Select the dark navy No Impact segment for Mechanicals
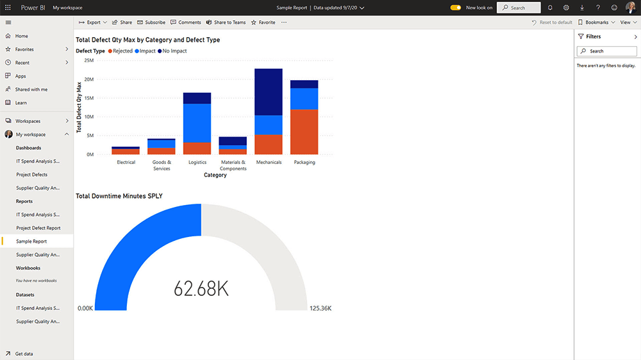coord(269,92)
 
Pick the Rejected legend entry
coord(120,51)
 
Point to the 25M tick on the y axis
coord(89,61)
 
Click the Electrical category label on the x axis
coord(126,162)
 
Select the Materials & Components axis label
coord(233,165)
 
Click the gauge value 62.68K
coord(201,289)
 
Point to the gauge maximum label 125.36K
coord(320,308)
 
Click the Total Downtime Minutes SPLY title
coord(119,195)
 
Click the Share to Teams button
coord(226,22)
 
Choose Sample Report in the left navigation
coord(31,241)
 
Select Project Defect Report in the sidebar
coord(38,228)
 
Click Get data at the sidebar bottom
coord(24,354)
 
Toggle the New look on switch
coord(456,8)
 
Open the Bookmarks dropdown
coord(596,22)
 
